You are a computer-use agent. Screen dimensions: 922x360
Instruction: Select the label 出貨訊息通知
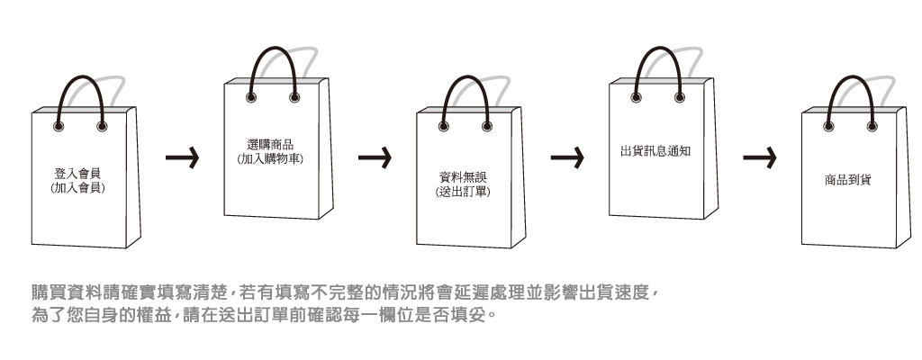coord(655,150)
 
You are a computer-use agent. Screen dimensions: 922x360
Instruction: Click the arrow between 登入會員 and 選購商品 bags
coord(183,159)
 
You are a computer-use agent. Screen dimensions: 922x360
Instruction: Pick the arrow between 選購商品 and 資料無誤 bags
coord(375,159)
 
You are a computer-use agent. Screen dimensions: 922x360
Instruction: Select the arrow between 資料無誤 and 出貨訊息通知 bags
coord(568,159)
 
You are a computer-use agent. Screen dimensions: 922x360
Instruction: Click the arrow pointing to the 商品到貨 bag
coord(760,159)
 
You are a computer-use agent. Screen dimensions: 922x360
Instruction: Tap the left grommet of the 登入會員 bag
coord(59,126)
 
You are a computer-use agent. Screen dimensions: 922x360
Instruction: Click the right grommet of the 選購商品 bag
coord(294,96)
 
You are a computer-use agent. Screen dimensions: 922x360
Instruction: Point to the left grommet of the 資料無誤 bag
coord(444,125)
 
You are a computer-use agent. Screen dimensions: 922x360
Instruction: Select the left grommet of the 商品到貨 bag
coord(828,125)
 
